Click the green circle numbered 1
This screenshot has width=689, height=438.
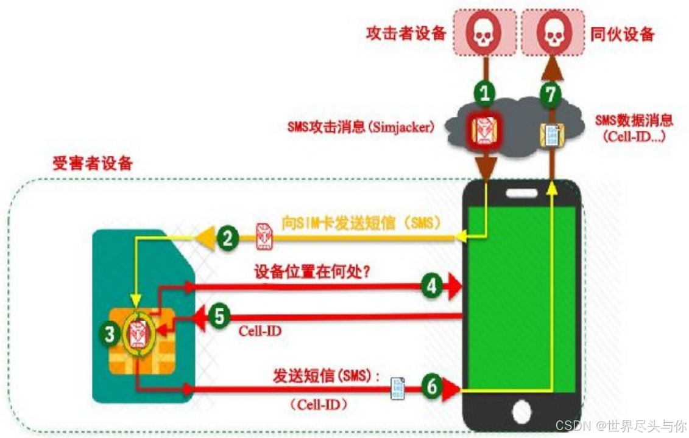[485, 93]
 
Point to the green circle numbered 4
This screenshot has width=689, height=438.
[432, 286]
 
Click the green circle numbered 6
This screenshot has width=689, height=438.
[432, 386]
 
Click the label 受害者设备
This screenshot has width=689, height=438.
[92, 163]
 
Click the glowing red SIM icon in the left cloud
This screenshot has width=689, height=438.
[486, 130]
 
